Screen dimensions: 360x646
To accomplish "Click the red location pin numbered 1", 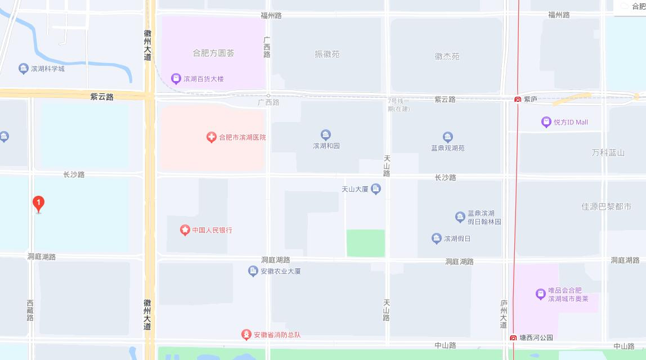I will point(38,204).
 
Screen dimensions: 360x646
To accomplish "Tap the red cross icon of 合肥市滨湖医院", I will point(212,137).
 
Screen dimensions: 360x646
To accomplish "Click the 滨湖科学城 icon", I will point(23,69).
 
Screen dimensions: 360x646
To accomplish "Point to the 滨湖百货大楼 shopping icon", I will point(176,79).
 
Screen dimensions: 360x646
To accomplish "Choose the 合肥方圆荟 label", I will point(213,53).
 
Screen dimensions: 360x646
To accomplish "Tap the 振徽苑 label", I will point(327,55).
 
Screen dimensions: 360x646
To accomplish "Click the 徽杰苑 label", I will point(447,56).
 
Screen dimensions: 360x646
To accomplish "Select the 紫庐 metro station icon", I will point(517,100).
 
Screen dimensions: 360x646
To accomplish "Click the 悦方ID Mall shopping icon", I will point(546,122).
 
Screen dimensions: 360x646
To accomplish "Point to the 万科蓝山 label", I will point(608,152).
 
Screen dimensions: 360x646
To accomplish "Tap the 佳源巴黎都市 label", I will point(606,206).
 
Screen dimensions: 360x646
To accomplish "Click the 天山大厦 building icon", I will point(376,190).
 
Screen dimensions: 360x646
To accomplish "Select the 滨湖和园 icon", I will point(326,135).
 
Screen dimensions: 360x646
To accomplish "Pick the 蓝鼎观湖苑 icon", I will point(447,137).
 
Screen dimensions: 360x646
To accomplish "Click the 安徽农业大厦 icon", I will point(253,271).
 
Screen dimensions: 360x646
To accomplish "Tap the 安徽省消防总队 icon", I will point(246,335).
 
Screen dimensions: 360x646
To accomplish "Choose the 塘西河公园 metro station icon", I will point(513,338).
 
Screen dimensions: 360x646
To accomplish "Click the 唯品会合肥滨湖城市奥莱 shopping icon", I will point(540,294).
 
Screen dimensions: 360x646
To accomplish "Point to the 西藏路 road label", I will point(30,310).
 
